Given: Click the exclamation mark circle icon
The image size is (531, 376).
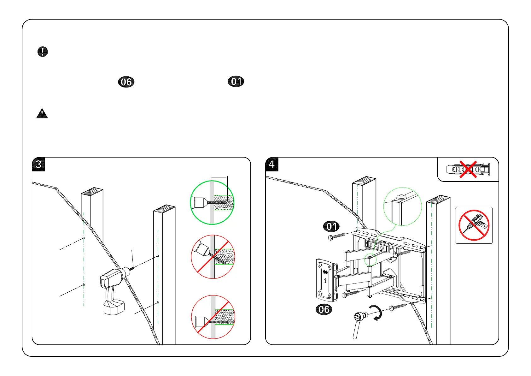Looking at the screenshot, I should click(43, 51).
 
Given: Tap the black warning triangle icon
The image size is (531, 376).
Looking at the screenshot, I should click(42, 113).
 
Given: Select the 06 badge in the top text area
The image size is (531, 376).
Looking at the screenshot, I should click(126, 82).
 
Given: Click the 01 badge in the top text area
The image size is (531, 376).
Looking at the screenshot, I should click(236, 81).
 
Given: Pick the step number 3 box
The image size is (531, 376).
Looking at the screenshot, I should click(38, 164).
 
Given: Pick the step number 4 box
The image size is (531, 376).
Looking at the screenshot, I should click(272, 164).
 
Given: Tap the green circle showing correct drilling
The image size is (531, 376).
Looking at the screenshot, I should click(212, 203).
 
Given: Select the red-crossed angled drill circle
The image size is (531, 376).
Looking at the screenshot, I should click(213, 257).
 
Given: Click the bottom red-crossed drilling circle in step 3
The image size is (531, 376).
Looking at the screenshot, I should click(213, 317).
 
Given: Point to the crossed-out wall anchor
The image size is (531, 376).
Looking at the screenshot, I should click(468, 170).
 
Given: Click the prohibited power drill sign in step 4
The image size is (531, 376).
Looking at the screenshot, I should click(474, 225).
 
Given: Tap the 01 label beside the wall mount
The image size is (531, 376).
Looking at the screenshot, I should click(331, 226).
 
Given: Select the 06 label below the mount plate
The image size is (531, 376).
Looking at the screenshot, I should click(324, 309).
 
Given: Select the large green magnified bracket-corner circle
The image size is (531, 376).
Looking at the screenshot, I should click(402, 206).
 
